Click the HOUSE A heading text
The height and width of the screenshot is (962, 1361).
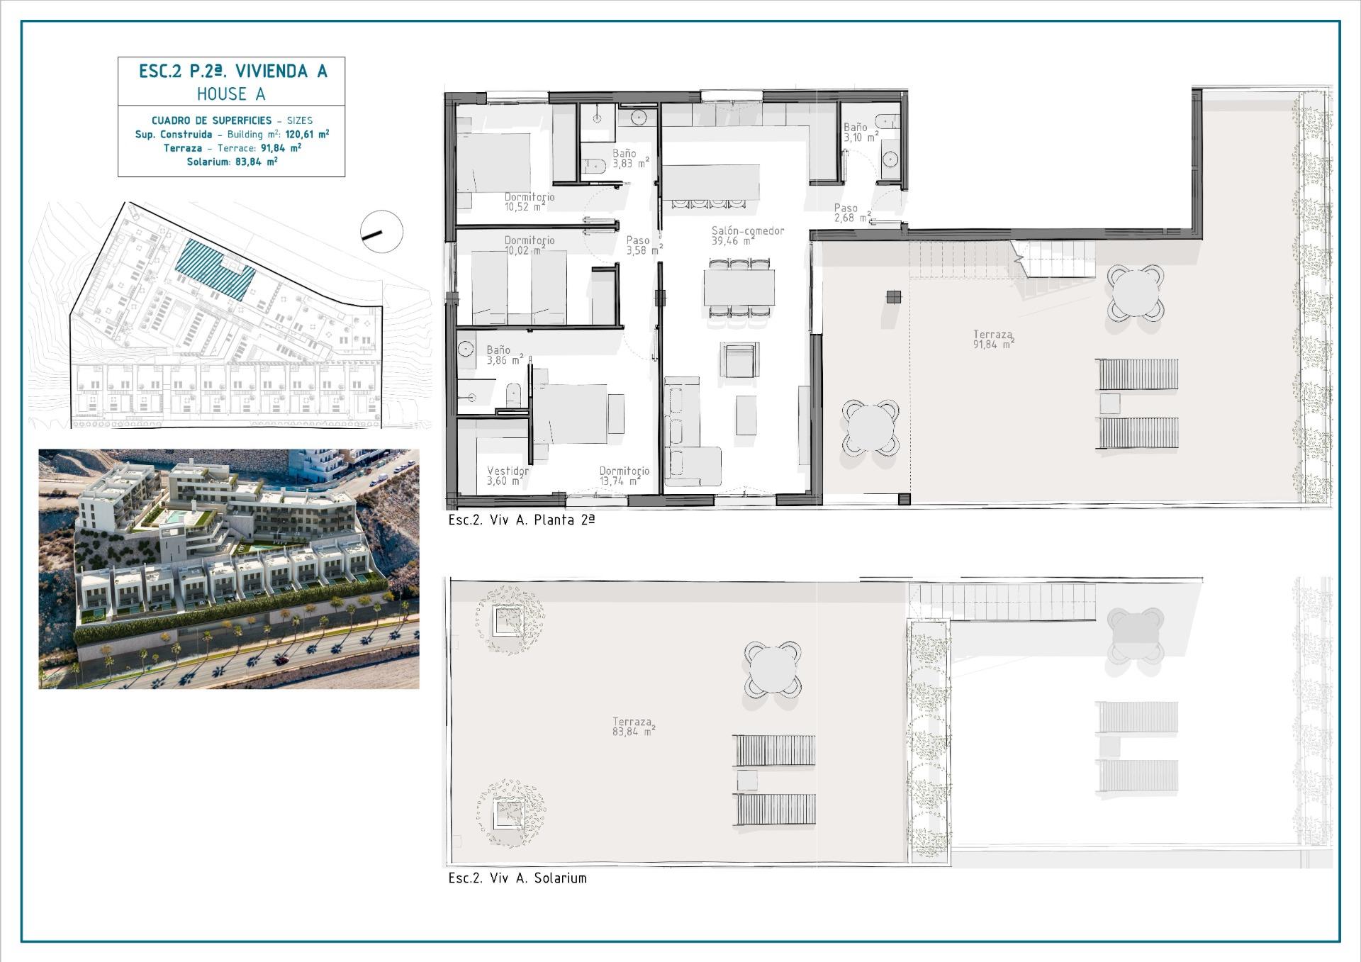(231, 94)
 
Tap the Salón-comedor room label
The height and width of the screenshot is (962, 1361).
(747, 235)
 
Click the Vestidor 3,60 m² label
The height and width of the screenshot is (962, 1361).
(508, 476)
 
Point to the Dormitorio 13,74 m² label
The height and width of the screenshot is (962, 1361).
(624, 476)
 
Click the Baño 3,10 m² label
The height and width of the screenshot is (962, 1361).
(860, 133)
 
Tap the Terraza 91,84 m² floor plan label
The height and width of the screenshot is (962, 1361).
(993, 340)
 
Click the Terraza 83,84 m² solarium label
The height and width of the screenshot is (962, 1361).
(633, 727)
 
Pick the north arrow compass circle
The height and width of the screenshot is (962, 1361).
(381, 231)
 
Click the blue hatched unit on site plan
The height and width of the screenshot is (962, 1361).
(214, 270)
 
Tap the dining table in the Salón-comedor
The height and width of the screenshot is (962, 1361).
(739, 288)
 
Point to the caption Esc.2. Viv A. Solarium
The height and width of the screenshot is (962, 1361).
(517, 878)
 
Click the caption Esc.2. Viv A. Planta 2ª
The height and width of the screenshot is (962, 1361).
(521, 520)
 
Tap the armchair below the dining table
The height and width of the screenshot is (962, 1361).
(739, 360)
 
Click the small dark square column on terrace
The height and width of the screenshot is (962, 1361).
(893, 297)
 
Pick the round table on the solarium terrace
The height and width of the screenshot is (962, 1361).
(772, 670)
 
